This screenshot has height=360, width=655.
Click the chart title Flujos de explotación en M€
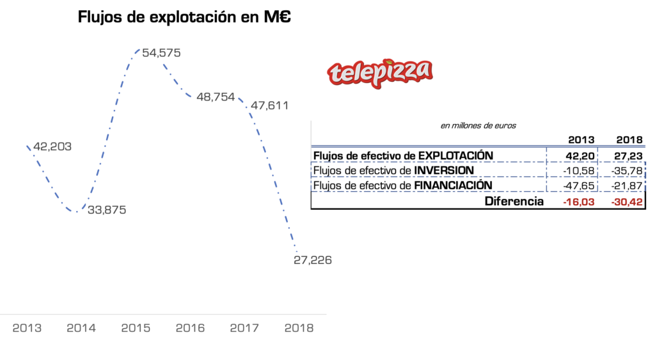point(184,17)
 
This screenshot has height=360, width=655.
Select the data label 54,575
point(161,53)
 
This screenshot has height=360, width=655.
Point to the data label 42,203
point(52,146)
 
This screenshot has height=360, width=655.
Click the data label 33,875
point(107,210)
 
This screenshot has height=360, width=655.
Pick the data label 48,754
point(215,98)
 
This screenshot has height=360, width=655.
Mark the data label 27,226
point(313,260)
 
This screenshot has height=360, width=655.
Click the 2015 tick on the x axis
point(136,328)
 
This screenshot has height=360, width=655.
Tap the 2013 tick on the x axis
point(27,328)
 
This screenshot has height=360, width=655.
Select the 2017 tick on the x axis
point(244,328)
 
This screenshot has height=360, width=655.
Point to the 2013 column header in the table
point(581,140)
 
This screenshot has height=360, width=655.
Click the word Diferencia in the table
point(514,201)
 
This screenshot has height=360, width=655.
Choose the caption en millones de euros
point(478,125)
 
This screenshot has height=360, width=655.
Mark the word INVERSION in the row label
point(444,171)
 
